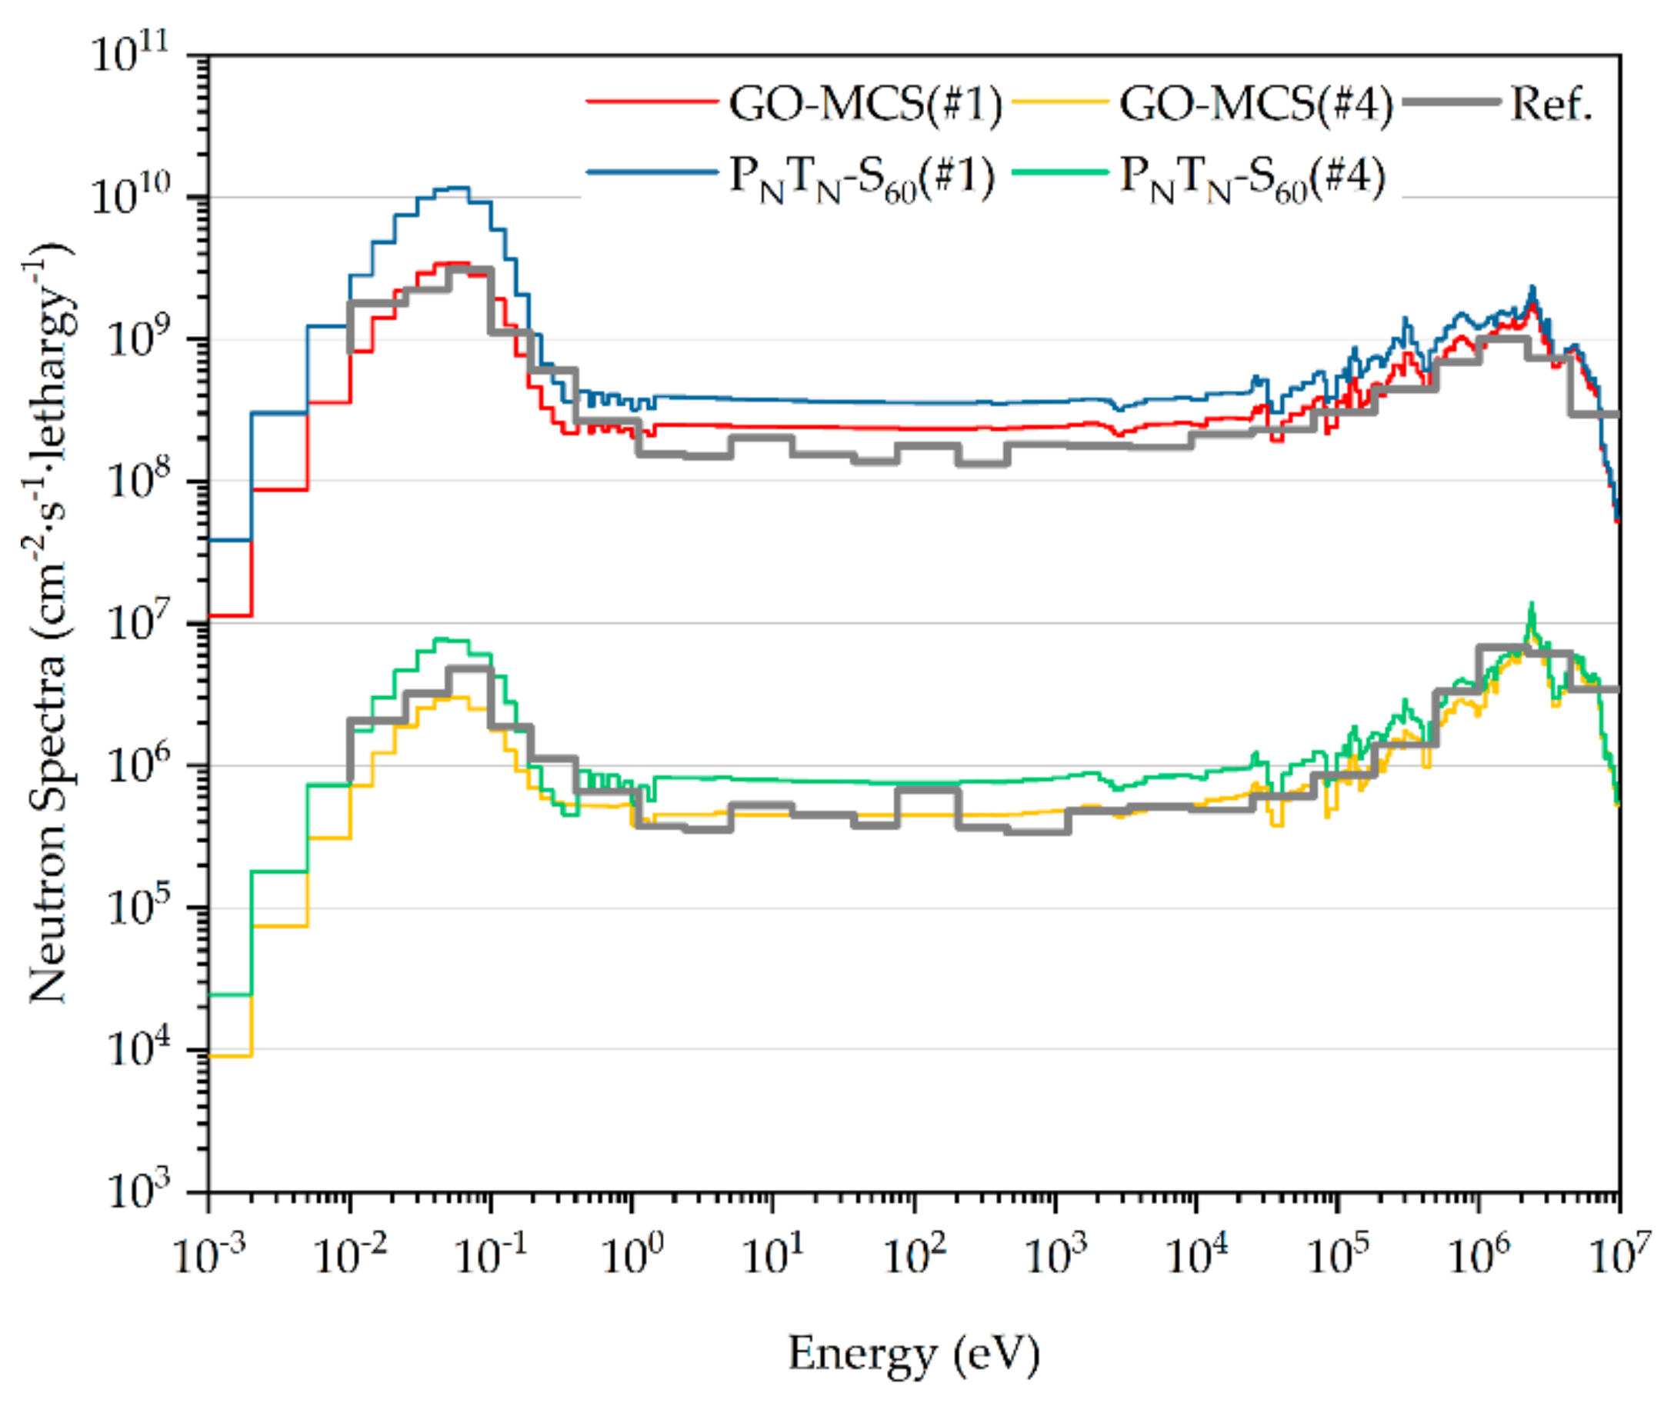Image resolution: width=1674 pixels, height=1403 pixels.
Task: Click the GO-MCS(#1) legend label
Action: click(x=865, y=105)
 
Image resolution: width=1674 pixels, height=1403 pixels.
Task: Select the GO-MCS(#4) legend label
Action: click(x=1255, y=105)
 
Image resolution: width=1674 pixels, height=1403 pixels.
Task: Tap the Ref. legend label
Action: click(x=1550, y=105)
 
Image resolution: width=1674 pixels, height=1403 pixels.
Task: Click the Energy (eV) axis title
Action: click(x=915, y=1354)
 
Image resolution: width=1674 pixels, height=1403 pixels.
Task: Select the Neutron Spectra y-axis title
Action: click(x=48, y=622)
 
